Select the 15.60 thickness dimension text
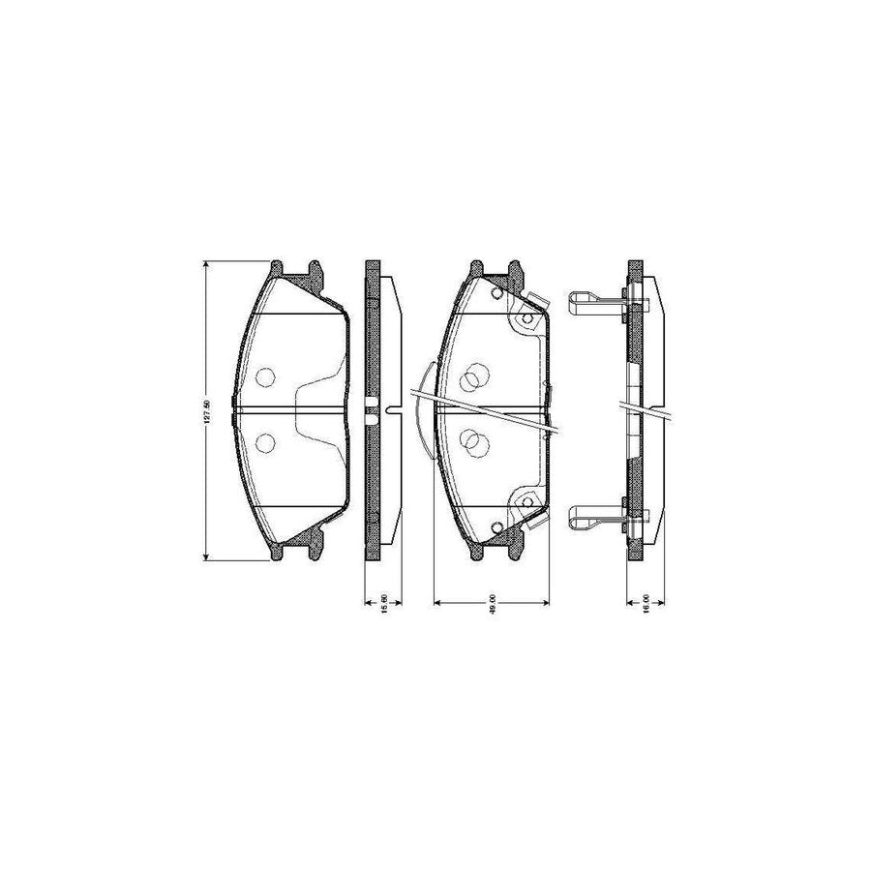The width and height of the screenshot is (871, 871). click(383, 602)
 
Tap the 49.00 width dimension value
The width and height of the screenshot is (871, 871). click(493, 602)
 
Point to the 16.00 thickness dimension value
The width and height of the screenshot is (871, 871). click(646, 602)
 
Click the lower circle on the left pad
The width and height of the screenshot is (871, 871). click(265, 442)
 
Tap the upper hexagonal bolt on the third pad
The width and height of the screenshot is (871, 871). click(526, 318)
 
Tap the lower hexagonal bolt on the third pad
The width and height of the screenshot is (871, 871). click(526, 501)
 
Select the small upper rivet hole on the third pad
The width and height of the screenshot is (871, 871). click(496, 292)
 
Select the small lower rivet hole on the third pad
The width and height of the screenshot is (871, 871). click(496, 527)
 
